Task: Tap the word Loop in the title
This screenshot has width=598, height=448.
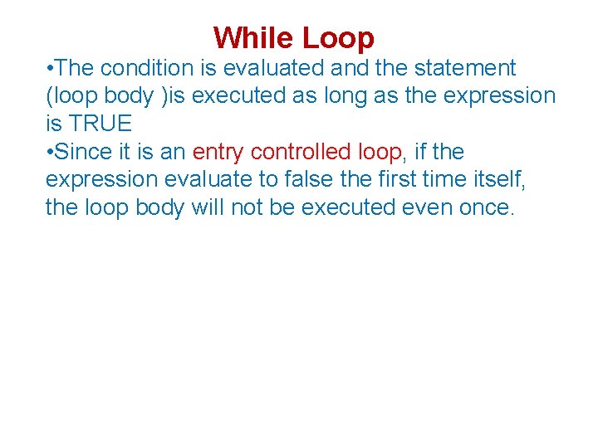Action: (x=338, y=38)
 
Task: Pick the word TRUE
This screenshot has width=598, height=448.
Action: (x=100, y=124)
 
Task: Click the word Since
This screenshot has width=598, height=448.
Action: (x=87, y=153)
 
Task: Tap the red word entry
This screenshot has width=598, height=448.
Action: (x=218, y=153)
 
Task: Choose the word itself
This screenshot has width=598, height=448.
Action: (x=500, y=180)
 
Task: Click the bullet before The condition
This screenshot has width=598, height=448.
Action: (x=51, y=68)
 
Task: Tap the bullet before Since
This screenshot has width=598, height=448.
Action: (x=51, y=153)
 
